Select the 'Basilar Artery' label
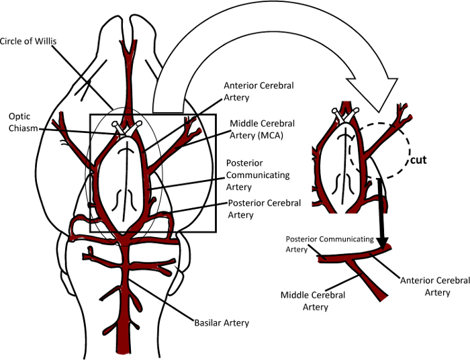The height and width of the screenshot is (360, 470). tap(222, 322)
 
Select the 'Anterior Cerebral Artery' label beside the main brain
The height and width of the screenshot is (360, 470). tap(250, 91)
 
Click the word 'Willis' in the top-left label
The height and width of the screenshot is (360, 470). tap(46, 42)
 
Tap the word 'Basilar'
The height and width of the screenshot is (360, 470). tap(207, 322)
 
